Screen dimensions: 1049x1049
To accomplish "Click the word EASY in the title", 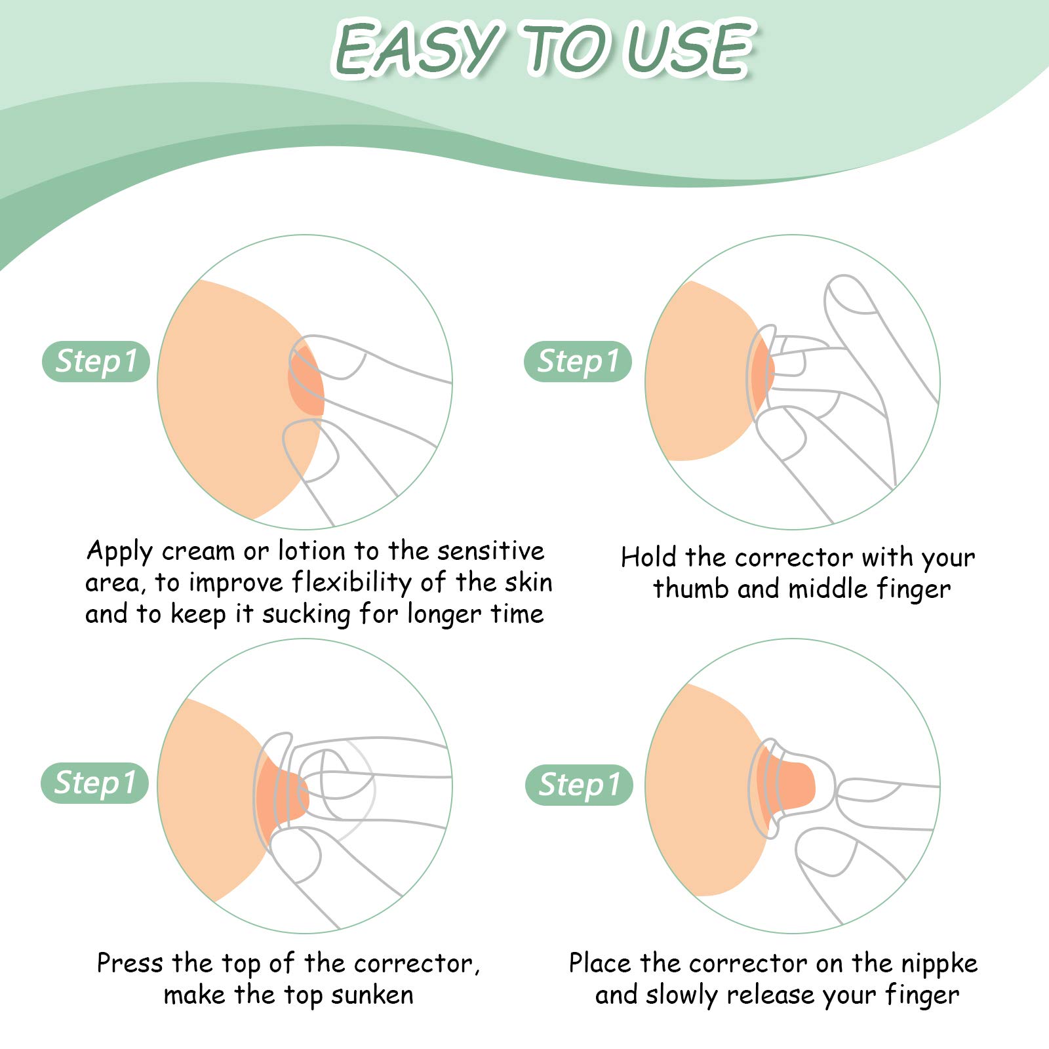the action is (x=418, y=49).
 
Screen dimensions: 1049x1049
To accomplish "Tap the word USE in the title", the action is (x=688, y=49).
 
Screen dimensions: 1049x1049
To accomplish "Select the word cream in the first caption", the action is (x=198, y=551).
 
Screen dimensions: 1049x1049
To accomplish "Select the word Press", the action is (x=130, y=963).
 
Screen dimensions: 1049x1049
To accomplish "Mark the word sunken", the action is (x=372, y=995).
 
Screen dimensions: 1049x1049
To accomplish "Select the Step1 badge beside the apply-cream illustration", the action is (x=96, y=361).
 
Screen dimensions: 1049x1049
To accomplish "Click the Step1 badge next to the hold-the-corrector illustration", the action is (x=578, y=361).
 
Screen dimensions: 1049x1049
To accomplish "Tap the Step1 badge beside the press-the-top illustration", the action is (x=95, y=783).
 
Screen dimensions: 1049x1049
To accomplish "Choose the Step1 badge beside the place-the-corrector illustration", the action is (x=579, y=785).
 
